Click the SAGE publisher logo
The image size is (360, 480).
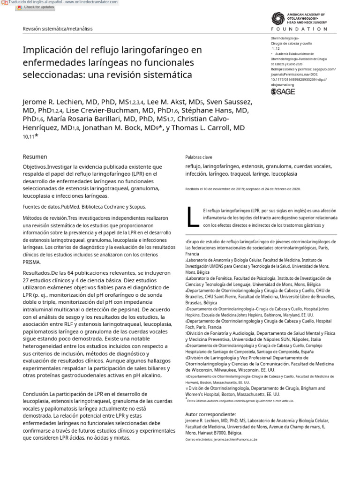coord(283,92)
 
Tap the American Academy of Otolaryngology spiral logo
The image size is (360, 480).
coord(278,18)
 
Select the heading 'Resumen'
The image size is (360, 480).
coord(35,157)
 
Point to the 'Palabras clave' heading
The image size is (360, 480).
coord(199,157)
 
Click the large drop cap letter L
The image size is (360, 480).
coord(191,217)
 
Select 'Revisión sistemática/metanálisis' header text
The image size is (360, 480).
coord(58,29)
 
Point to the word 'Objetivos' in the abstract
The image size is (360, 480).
coord(34,166)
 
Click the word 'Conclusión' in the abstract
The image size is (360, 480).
coord(36,394)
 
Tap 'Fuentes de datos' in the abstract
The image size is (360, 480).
coord(41,207)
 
